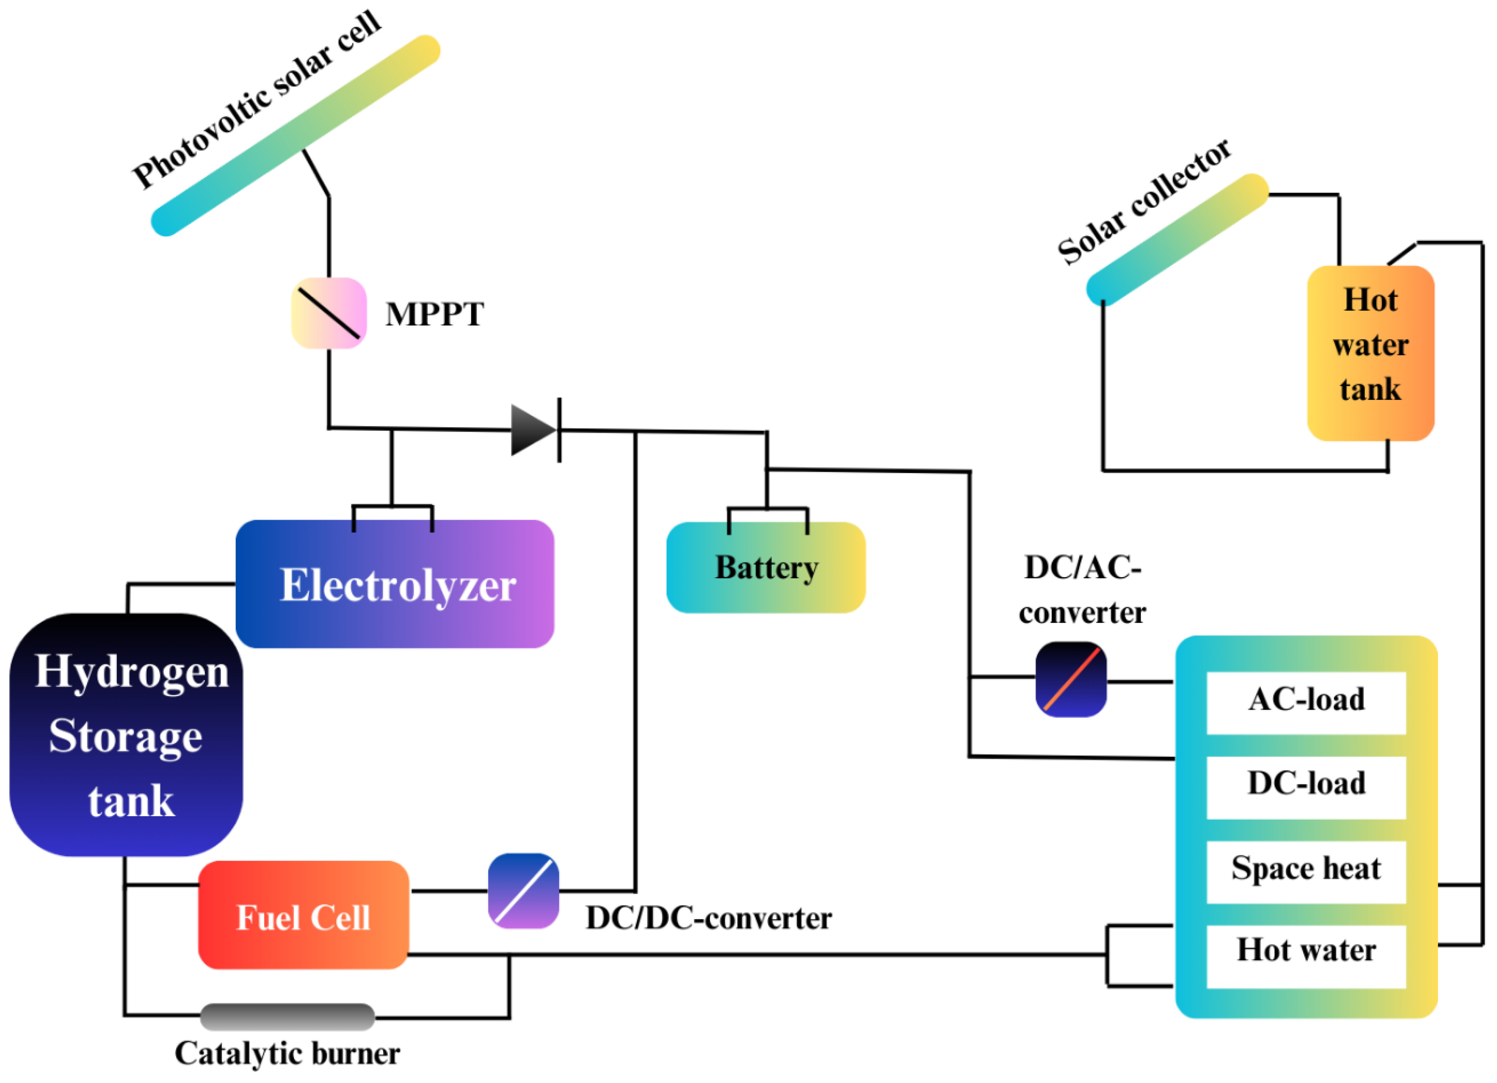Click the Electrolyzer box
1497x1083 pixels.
pyautogui.click(x=395, y=584)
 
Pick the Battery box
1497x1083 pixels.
pyautogui.click(x=765, y=567)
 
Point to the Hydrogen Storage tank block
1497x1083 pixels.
pyautogui.click(x=127, y=735)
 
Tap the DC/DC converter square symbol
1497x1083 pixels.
pyautogui.click(x=523, y=891)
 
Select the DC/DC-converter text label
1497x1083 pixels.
pyautogui.click(x=708, y=919)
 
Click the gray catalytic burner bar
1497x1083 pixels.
pyautogui.click(x=288, y=1017)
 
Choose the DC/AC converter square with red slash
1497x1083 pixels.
pyautogui.click(x=1071, y=680)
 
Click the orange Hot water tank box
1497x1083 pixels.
pyautogui.click(x=1370, y=353)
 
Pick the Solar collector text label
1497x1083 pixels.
pyautogui.click(x=1144, y=201)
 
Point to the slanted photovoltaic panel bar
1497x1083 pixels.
pyautogui.click(x=296, y=135)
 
